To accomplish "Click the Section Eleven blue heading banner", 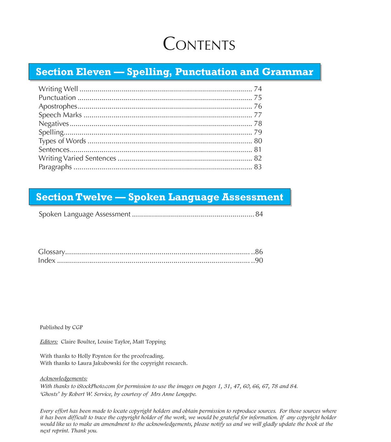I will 174,72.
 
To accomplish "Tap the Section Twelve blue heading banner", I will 160,197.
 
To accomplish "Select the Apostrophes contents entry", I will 58,106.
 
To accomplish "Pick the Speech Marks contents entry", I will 60,115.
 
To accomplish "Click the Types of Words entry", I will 62,141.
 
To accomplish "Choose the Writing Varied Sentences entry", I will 77,158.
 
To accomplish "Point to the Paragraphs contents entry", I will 55,167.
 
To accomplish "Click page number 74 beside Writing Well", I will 258,89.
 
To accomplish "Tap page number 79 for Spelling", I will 258,132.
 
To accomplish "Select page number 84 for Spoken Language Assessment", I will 259,214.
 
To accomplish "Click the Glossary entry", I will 51,252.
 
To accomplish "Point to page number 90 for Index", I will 259,260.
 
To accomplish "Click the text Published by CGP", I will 61,327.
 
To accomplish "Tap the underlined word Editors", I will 49,341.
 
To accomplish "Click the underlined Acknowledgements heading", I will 64,378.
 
